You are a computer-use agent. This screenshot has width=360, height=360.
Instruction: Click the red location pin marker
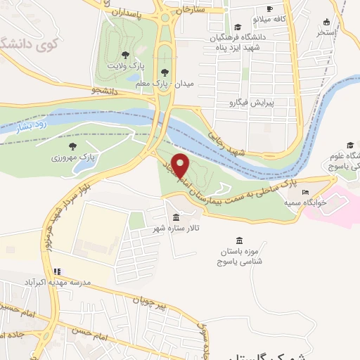point(181,165)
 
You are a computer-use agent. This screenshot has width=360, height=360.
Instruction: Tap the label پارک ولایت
point(124,65)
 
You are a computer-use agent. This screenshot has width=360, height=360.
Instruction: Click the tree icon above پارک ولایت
point(125,54)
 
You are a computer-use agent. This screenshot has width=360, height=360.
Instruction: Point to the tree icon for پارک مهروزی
point(72,145)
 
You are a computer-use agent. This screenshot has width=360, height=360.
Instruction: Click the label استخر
point(326,32)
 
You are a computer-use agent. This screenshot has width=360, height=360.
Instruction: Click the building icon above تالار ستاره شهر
point(175,217)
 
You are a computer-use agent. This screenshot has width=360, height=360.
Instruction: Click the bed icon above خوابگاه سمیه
point(304,191)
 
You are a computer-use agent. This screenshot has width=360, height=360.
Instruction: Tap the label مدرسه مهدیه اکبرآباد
point(64,281)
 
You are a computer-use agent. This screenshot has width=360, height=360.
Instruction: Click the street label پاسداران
point(131,13)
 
